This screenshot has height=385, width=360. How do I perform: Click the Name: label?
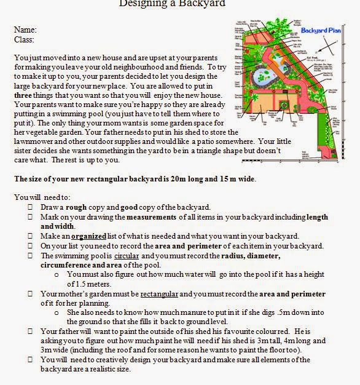click(x=25, y=29)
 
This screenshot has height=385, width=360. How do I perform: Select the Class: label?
click(x=24, y=39)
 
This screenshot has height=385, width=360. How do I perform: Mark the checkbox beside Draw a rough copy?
click(x=31, y=207)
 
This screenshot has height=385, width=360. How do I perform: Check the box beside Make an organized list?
click(x=31, y=236)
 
